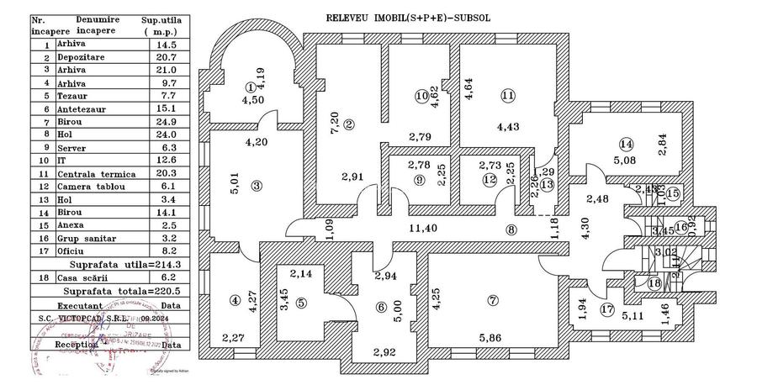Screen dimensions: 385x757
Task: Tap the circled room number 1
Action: click(250, 87)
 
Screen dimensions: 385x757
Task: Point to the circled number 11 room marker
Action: click(507, 96)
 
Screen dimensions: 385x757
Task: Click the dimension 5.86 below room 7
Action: click(492, 338)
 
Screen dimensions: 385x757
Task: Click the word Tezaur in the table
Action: click(74, 96)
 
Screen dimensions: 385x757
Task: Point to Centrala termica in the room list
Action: click(92, 173)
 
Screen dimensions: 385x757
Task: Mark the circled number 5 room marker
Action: click(301, 303)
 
